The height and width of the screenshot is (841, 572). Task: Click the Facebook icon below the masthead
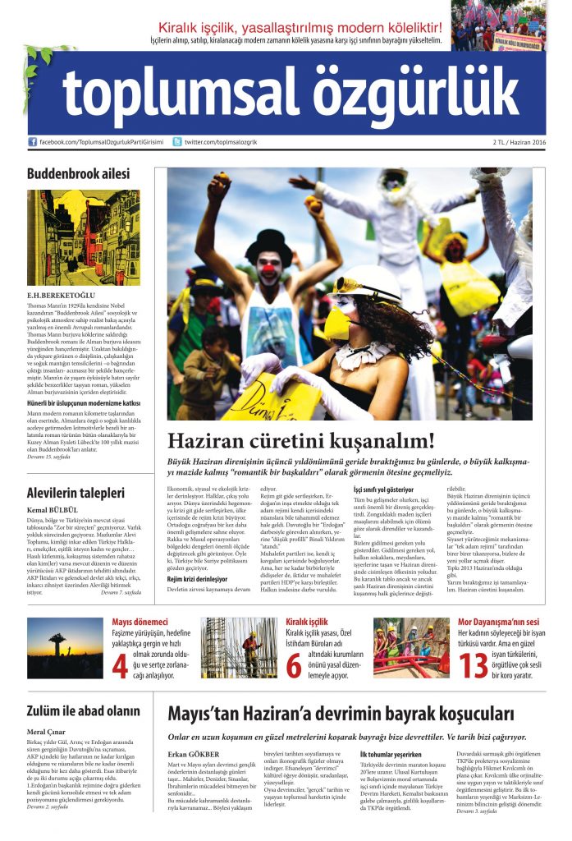point(32,142)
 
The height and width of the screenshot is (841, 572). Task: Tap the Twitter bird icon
point(176,142)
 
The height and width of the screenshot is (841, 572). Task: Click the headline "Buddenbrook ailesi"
point(78,174)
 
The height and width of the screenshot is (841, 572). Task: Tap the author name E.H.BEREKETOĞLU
point(62,294)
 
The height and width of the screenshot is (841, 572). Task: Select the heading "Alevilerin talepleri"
point(76,494)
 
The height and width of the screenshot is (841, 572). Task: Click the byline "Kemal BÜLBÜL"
point(56,511)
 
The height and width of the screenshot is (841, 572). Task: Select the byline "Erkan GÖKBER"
point(194,754)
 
